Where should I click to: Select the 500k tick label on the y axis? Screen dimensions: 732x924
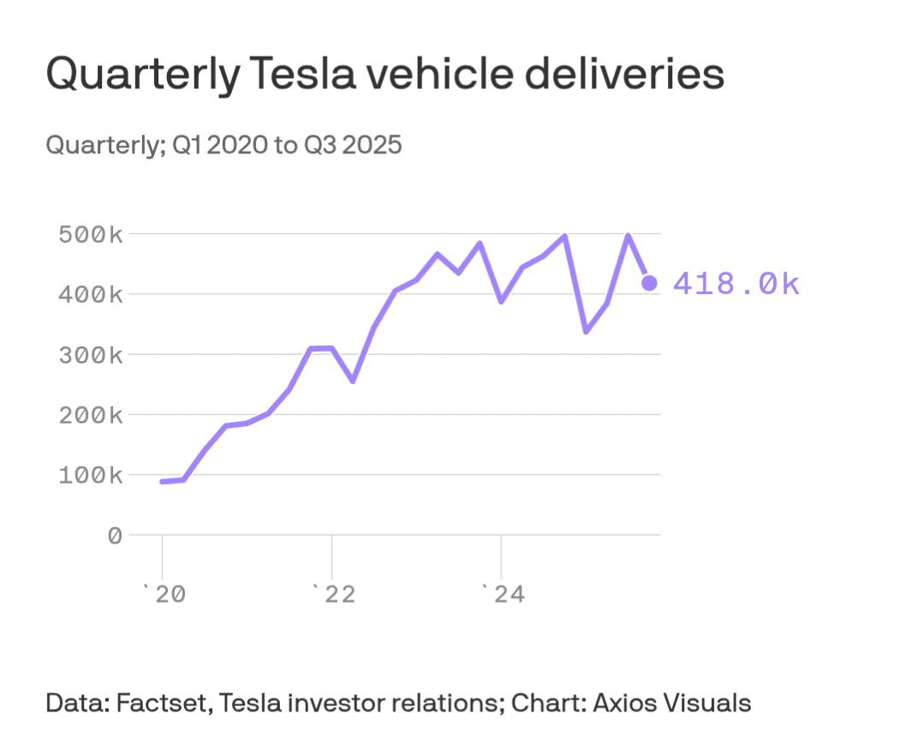[91, 234]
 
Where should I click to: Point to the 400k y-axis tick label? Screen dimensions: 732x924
[91, 294]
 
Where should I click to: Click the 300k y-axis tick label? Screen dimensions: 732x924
[91, 354]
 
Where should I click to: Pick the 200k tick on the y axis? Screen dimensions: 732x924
[91, 414]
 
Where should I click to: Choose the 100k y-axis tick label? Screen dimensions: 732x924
[91, 474]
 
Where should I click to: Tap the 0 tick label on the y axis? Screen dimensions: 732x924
[114, 535]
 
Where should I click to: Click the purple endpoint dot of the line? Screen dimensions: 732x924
[649, 283]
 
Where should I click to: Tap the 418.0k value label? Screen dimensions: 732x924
[736, 284]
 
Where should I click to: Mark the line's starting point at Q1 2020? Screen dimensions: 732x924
[163, 482]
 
